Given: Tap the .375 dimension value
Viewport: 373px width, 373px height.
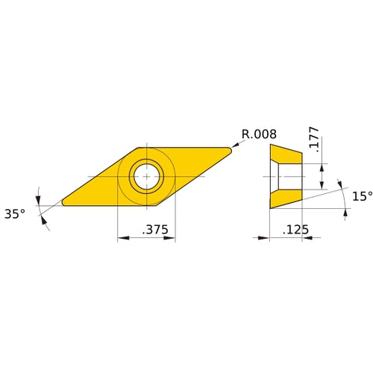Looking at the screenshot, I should click(x=154, y=232).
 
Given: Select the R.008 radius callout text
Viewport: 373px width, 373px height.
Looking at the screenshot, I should click(x=259, y=134).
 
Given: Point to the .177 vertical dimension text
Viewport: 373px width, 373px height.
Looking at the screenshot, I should click(x=313, y=140).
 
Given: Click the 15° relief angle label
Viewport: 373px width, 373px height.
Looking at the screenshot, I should click(x=361, y=195).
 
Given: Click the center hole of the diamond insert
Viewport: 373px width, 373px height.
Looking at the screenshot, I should click(x=146, y=176).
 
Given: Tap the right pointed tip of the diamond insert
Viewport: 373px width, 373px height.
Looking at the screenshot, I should click(x=231, y=148).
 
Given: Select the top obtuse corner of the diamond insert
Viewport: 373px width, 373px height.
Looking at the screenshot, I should click(x=142, y=147).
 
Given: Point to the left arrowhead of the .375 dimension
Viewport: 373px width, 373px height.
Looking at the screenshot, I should click(x=122, y=239).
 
